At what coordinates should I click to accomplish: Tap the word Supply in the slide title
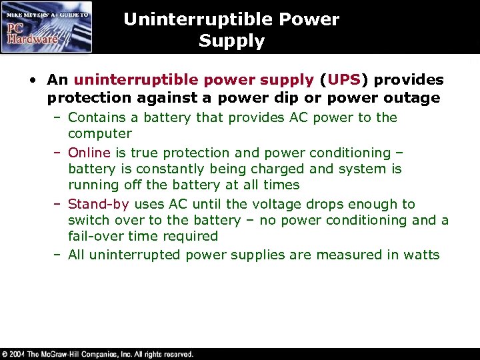(231, 41)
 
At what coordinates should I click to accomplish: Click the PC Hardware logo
(47, 27)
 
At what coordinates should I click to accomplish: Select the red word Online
(89, 153)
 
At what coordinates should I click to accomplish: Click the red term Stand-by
(99, 204)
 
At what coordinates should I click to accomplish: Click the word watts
(421, 255)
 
